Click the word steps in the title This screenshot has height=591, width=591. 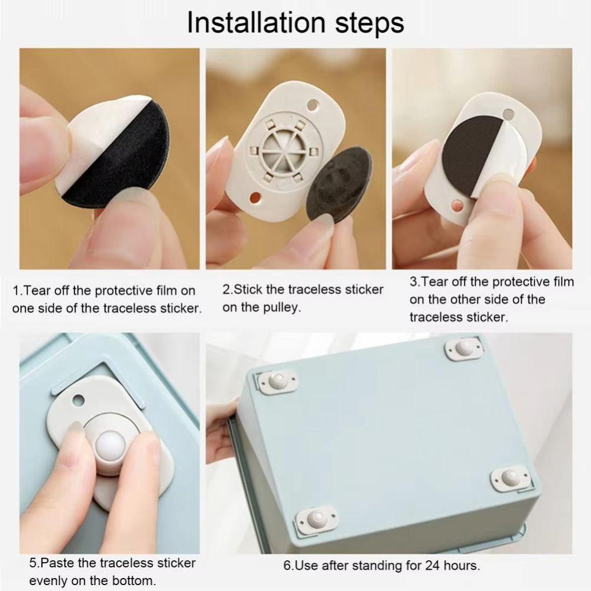click(370, 24)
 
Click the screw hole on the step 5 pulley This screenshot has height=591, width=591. click(79, 400)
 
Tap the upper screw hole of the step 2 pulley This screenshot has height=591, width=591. click(313, 105)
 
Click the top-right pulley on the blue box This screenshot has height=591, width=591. click(463, 349)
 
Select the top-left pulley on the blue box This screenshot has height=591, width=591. click(277, 381)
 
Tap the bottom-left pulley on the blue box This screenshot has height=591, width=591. click(316, 519)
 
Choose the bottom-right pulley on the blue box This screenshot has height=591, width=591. click(511, 478)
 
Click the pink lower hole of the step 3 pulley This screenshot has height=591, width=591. click(457, 206)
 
